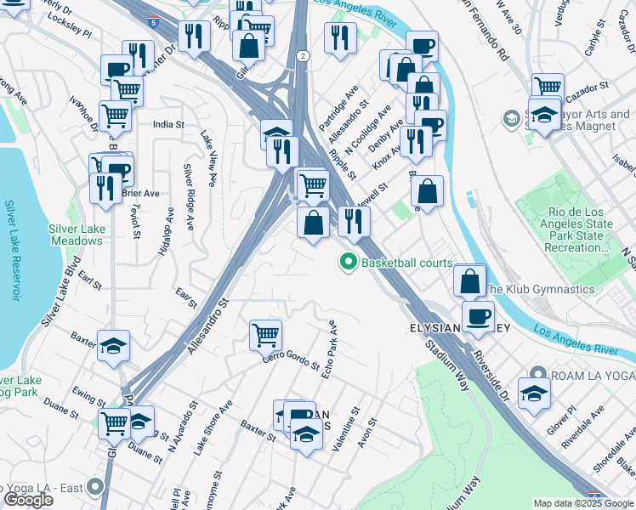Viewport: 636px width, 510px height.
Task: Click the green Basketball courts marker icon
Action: (348, 263)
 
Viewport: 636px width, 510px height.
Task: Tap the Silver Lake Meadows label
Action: (76, 235)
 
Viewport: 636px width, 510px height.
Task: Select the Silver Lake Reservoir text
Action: (11, 251)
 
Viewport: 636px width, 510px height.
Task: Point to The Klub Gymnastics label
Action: (539, 289)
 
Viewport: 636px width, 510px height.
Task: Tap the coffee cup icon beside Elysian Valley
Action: (479, 315)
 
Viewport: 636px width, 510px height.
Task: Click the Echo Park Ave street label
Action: (332, 348)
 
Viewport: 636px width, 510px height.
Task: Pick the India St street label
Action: (168, 124)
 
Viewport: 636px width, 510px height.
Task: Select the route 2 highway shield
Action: (303, 55)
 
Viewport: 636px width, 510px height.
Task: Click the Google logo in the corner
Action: (28, 501)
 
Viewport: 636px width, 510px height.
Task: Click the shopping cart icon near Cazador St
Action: (548, 87)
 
